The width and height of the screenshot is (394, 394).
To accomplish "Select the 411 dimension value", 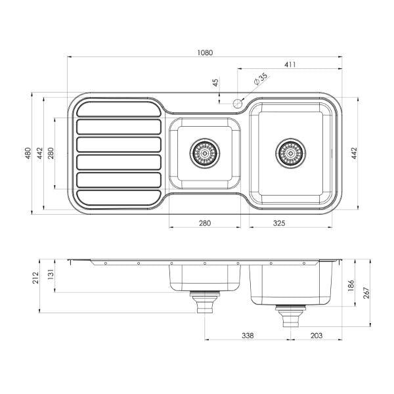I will point(290,64).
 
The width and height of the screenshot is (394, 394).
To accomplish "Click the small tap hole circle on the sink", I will point(237,102).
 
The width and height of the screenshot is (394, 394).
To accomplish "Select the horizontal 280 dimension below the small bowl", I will point(204,224).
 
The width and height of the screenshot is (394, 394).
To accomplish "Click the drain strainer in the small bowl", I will point(204,154).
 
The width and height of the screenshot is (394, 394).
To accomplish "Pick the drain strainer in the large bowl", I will point(290,154).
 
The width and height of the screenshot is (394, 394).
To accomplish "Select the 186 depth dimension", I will point(351,286).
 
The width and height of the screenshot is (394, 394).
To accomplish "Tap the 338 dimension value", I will point(248,335).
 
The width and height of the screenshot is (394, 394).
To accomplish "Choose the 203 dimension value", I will point(317,335).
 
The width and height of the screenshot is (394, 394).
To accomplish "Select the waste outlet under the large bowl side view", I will point(290,317).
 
